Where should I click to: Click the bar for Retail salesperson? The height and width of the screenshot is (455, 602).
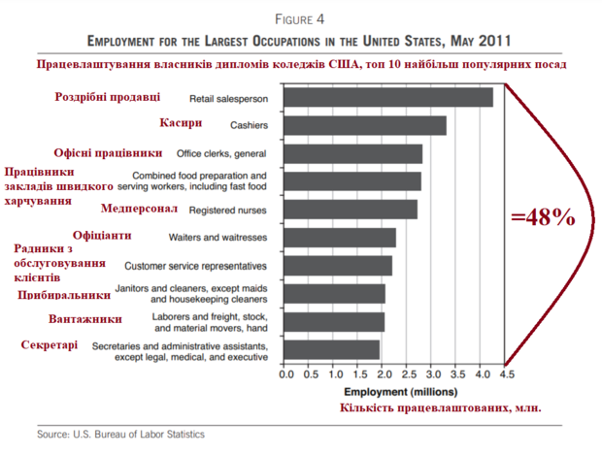[388, 98]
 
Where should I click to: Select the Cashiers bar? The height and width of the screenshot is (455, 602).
[366, 125]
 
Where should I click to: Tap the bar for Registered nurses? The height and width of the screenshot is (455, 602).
[351, 210]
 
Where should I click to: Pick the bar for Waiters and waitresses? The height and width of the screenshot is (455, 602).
[341, 237]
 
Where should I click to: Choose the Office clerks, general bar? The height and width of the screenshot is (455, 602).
[354, 153]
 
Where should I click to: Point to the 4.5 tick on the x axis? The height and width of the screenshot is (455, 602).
[506, 374]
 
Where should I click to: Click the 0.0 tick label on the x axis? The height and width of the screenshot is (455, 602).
[286, 374]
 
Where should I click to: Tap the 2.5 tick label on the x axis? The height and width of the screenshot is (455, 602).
[409, 374]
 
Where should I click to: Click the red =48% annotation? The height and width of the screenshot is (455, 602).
[544, 218]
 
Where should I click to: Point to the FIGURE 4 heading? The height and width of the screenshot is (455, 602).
[300, 18]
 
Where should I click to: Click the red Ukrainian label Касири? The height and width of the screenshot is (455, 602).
[181, 123]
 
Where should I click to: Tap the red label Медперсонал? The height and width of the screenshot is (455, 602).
[139, 208]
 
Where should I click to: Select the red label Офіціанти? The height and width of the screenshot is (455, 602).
[102, 235]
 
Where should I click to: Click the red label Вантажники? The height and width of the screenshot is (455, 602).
[84, 318]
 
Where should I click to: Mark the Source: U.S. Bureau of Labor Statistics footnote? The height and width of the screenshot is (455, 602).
[121, 434]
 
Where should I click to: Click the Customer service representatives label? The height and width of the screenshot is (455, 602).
[195, 265]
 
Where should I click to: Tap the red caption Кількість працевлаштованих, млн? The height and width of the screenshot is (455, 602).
[439, 408]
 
